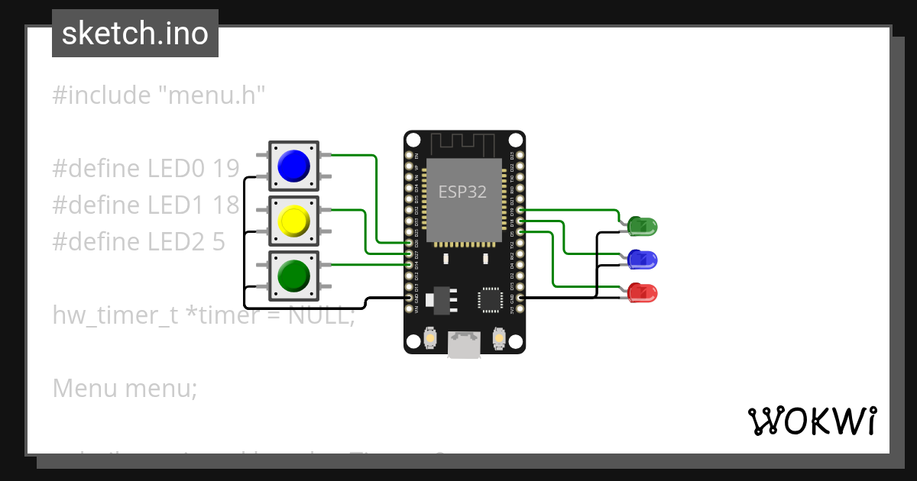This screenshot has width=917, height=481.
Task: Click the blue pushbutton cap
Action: (x=293, y=166)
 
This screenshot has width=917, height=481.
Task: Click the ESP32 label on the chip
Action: (x=462, y=192)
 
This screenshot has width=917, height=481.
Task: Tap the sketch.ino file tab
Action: (x=135, y=34)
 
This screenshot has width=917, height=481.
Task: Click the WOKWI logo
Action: (x=812, y=421)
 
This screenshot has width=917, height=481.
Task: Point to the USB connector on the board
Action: (x=465, y=345)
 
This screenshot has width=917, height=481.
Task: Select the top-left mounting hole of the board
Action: (x=413, y=140)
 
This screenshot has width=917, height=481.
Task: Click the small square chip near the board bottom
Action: (x=489, y=299)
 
